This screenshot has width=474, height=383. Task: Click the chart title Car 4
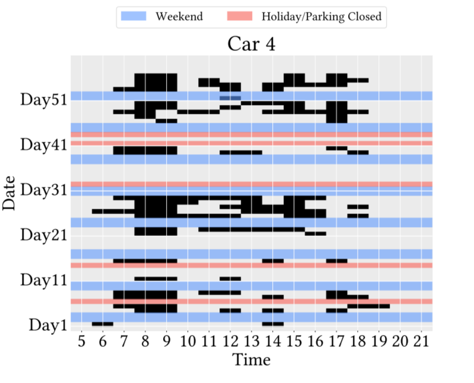click(251, 45)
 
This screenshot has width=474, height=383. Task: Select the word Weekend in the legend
click(179, 17)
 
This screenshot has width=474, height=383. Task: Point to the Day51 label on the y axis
click(43, 99)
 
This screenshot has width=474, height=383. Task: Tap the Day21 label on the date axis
click(43, 235)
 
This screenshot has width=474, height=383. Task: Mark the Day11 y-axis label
click(43, 280)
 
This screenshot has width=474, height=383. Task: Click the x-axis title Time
click(251, 359)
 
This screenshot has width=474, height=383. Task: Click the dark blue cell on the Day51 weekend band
click(230, 97)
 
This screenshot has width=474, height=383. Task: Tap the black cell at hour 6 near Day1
click(103, 324)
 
